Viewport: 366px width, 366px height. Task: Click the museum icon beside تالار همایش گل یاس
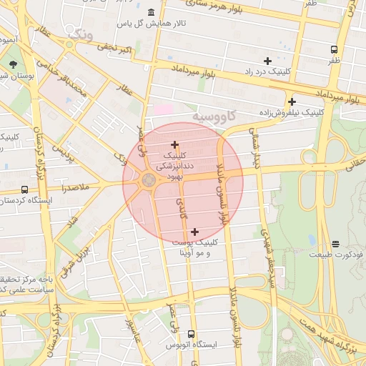click(x=152, y=13)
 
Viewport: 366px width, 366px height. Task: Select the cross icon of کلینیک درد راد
click(x=267, y=61)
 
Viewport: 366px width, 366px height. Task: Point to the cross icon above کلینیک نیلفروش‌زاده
click(x=292, y=102)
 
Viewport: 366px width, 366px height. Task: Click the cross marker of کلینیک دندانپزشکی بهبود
click(x=174, y=144)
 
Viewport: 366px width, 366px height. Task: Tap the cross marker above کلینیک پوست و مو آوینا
click(x=194, y=231)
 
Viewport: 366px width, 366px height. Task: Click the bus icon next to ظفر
click(x=334, y=49)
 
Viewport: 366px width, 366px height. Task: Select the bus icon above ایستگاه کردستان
click(x=25, y=190)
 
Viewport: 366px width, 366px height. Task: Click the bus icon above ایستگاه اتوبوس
click(x=190, y=334)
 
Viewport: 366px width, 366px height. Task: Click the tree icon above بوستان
click(x=14, y=64)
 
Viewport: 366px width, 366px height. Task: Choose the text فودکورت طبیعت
click(x=336, y=254)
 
